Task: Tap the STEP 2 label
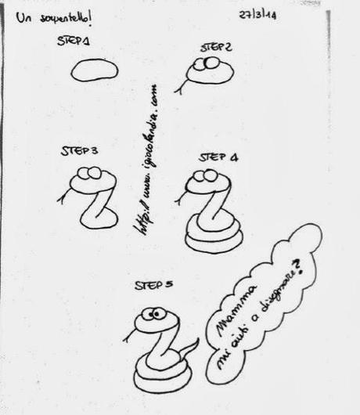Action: click(215, 48)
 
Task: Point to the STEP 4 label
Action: click(218, 157)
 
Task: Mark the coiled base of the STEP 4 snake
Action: click(213, 235)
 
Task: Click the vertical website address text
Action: click(151, 157)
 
